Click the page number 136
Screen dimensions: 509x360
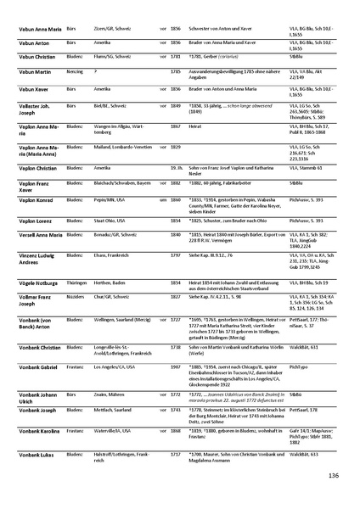(x=334, y=476)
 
